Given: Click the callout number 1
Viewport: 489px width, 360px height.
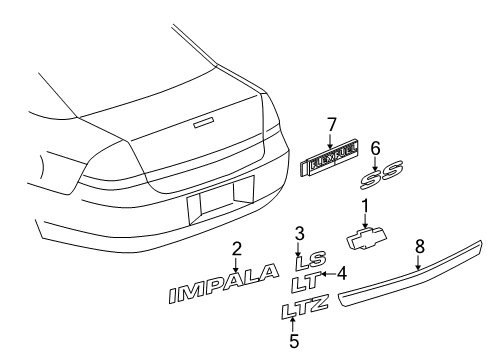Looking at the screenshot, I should (365, 204).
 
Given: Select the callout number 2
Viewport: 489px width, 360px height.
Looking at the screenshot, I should (237, 249).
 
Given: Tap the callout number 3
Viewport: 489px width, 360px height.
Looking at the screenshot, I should (298, 235).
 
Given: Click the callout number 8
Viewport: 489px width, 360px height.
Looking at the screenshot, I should (419, 245).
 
